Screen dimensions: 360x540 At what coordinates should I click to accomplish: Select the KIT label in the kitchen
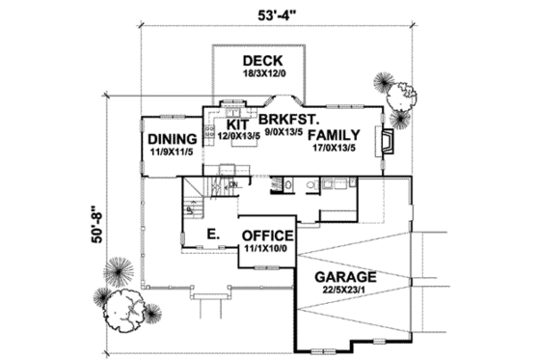click(x=237, y=124)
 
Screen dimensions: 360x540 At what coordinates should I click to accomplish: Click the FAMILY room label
click(x=334, y=136)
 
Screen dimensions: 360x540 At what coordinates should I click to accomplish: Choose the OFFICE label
click(x=269, y=235)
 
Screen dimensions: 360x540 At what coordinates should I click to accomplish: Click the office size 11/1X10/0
click(x=267, y=248)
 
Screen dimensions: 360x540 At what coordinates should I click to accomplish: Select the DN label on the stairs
click(x=232, y=183)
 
